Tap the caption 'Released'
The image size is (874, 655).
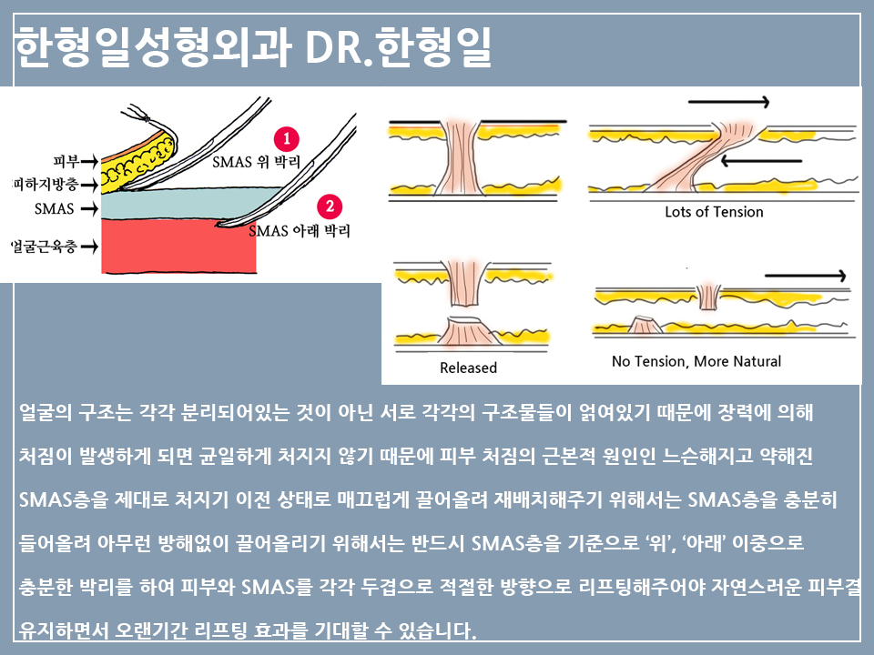click(468, 368)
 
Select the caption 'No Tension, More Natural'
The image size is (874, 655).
click(696, 361)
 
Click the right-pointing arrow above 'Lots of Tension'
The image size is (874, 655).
click(728, 102)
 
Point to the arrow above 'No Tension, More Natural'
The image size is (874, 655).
click(807, 274)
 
